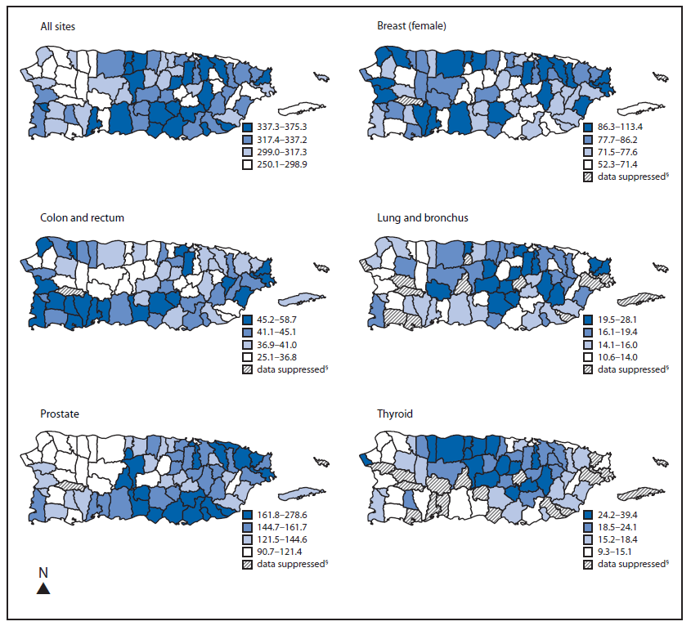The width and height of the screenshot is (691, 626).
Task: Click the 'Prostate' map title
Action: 60,414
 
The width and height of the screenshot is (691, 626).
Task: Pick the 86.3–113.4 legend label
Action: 620,127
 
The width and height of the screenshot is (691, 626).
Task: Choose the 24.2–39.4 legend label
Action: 620,515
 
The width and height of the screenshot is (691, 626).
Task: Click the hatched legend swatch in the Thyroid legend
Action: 587,564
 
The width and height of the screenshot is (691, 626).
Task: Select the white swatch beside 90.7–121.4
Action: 248,551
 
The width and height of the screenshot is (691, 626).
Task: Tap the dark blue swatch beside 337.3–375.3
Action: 248,127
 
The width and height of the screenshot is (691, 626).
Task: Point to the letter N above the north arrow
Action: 43,572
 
